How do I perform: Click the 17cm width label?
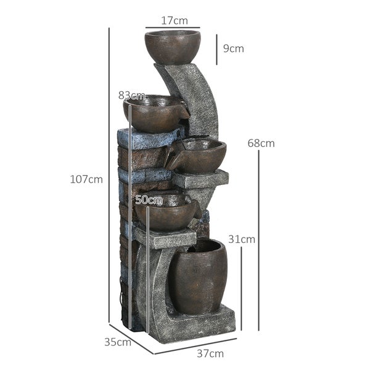(x=174, y=20)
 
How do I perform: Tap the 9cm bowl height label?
(x=233, y=48)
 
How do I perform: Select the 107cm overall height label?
(x=86, y=179)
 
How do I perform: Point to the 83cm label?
(x=131, y=96)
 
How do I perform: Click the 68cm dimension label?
(x=261, y=143)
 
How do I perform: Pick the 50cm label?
(x=148, y=200)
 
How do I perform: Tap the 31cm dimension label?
(x=242, y=239)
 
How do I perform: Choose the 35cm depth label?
(x=117, y=341)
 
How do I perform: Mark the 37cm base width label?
(x=211, y=354)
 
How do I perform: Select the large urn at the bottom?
(x=197, y=276)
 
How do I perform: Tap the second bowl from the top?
(x=154, y=114)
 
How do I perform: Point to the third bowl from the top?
(x=197, y=155)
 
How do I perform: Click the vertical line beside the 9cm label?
(x=216, y=48)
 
